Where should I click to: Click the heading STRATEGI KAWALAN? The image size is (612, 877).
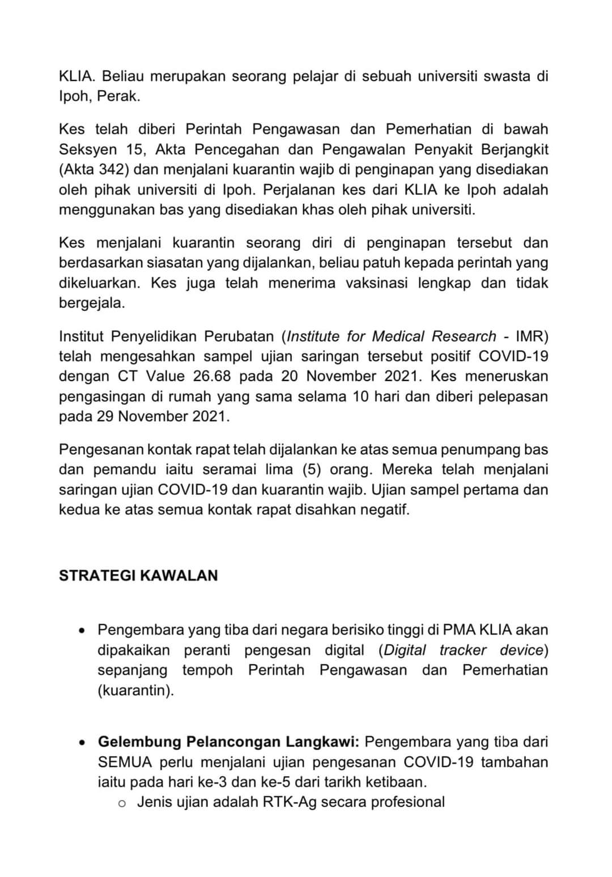point(138,576)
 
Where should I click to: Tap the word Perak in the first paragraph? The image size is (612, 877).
point(117,96)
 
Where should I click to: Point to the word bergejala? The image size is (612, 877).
point(91,303)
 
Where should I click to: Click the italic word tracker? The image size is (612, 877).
point(462,650)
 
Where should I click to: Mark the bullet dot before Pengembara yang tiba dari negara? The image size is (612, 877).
point(83,630)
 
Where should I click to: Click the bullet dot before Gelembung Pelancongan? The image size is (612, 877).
point(83,742)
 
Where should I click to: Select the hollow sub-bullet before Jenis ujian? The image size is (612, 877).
point(121,803)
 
